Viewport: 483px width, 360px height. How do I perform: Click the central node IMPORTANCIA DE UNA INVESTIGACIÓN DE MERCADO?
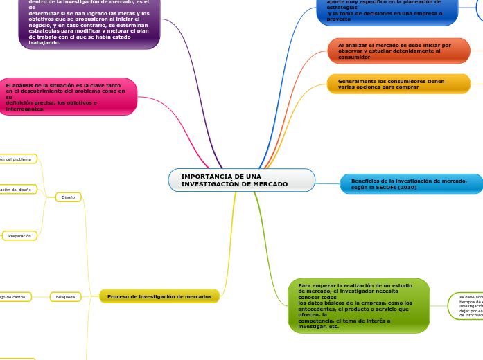(x=241, y=180)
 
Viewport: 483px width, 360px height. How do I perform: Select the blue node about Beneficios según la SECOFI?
(x=411, y=183)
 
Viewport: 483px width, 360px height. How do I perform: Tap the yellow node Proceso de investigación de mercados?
(x=159, y=296)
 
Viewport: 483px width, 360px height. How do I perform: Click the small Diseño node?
(x=68, y=197)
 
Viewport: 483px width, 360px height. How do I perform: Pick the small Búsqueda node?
(x=65, y=297)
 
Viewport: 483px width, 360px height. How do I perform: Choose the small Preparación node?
(x=19, y=236)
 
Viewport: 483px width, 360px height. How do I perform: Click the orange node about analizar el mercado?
(x=398, y=51)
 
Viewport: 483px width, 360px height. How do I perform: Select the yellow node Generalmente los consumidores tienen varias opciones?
(x=398, y=84)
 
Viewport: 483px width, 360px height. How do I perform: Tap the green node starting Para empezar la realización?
(x=358, y=305)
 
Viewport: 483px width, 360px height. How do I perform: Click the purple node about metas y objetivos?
(x=89, y=24)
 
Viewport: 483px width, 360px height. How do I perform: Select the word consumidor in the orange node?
(x=354, y=57)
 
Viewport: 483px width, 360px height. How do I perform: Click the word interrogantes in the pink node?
(x=25, y=109)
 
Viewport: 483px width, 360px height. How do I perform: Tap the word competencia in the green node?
(x=315, y=321)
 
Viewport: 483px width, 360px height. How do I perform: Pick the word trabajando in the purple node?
(x=44, y=42)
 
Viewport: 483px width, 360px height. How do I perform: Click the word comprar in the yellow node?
(x=406, y=87)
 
